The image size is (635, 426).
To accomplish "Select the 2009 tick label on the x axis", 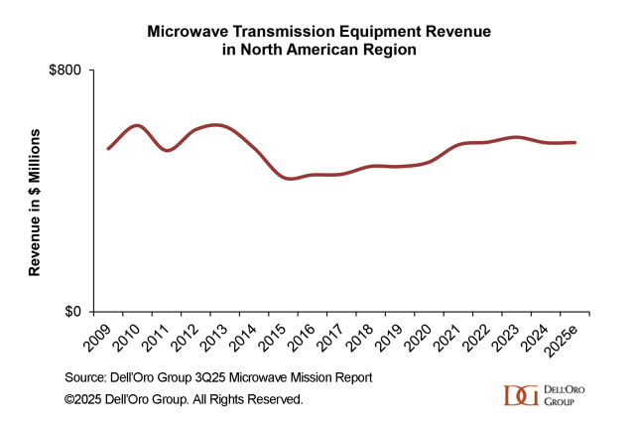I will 95,339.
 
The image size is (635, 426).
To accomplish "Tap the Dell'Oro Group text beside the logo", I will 565,395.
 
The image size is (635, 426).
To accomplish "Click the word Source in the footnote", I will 86,378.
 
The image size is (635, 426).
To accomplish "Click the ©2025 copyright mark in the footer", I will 86,399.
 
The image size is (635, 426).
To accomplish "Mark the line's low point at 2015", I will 289,179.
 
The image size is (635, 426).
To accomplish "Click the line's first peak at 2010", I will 136,125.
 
